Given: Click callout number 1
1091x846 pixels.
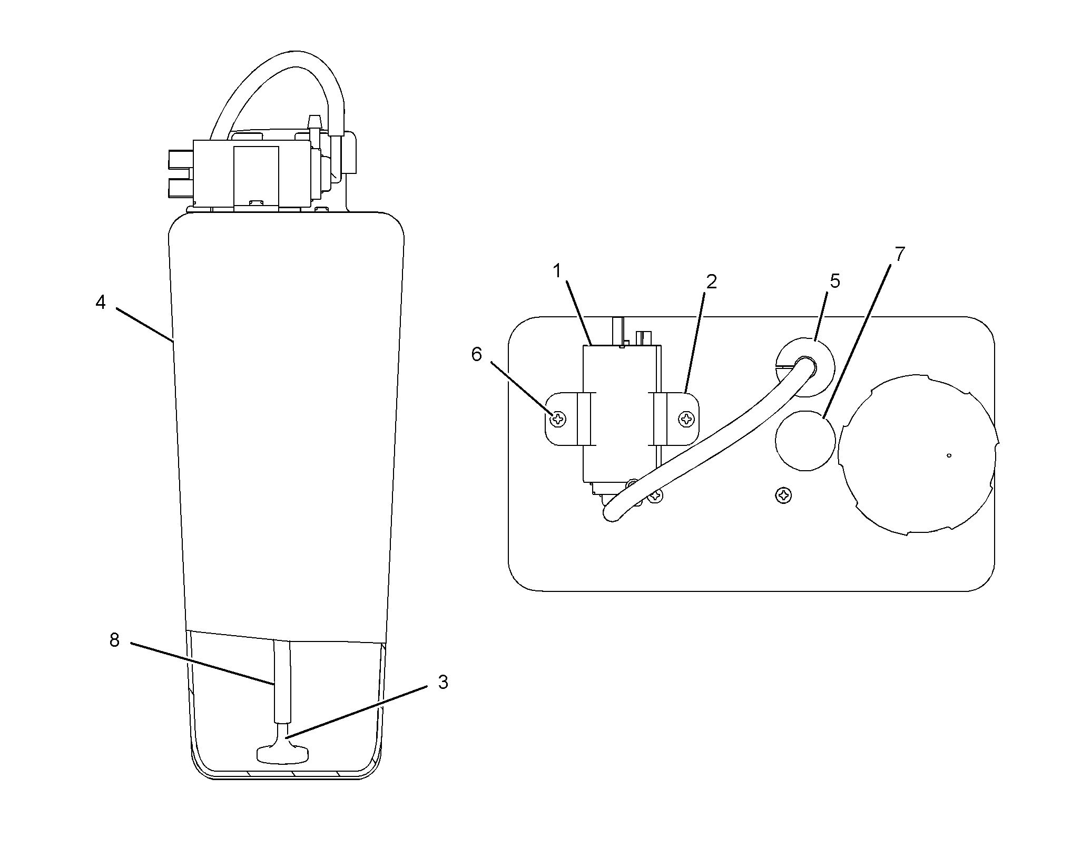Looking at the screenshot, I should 557,271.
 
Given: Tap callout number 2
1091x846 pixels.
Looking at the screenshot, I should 711,282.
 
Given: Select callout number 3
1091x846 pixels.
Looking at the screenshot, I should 443,682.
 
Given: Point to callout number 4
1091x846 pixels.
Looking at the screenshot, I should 100,302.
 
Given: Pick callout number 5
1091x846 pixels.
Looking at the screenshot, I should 834,281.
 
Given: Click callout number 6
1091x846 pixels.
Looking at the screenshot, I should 476,354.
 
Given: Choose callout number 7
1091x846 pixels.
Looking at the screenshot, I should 900,254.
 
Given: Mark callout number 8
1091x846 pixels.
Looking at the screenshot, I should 114,640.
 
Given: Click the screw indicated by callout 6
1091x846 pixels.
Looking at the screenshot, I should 558,420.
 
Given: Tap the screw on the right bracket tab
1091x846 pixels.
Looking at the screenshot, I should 686,420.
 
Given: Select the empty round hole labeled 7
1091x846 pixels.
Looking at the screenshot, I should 805,440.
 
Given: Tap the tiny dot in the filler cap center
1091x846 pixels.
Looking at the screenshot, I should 949,455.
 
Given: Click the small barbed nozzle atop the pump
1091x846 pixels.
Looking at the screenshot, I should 314,122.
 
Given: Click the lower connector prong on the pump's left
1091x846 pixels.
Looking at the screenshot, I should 181,187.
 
